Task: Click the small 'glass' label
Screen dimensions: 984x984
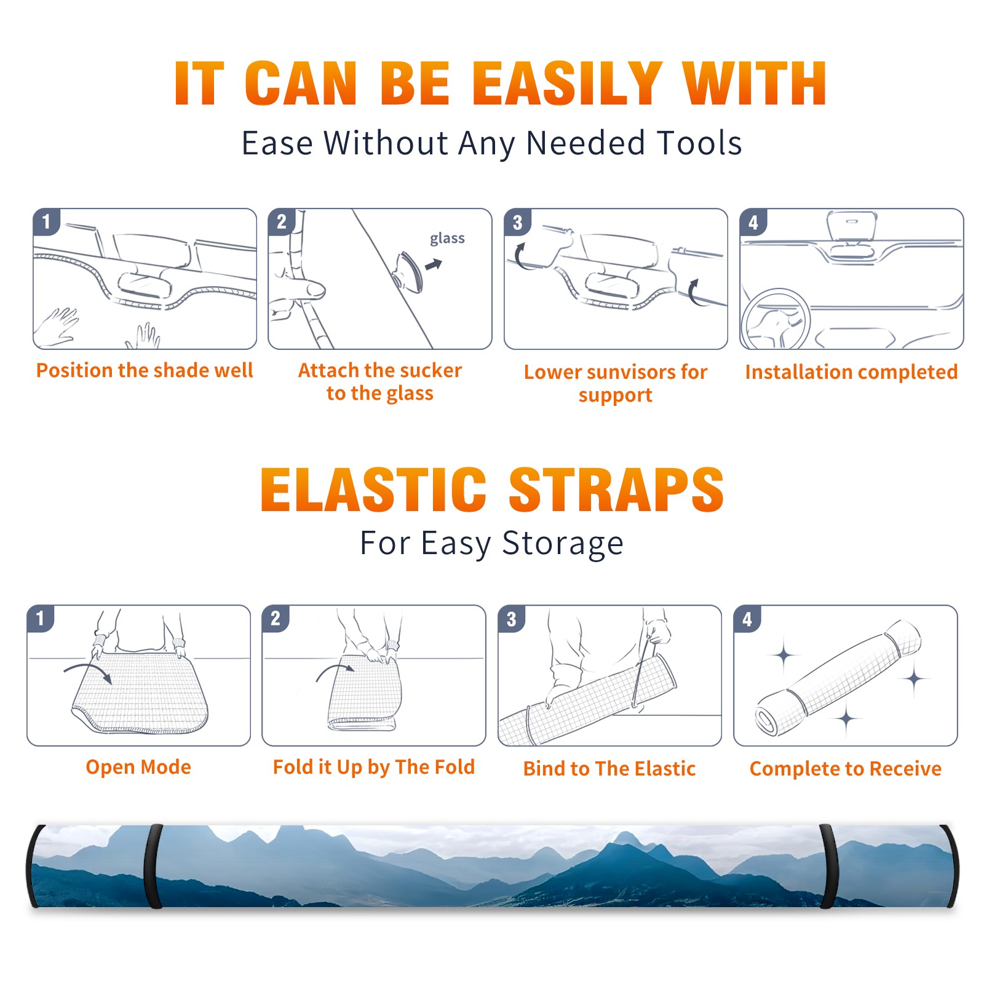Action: click(447, 239)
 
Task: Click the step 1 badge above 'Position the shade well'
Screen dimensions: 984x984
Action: click(47, 221)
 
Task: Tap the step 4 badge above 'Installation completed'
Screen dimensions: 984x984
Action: click(753, 221)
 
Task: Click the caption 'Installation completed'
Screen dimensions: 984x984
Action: click(851, 371)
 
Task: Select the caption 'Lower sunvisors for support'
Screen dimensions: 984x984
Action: click(616, 383)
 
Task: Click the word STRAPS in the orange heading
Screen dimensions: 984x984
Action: click(616, 490)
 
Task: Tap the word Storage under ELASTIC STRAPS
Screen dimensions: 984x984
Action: click(563, 544)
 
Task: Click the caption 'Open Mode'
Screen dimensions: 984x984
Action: click(138, 767)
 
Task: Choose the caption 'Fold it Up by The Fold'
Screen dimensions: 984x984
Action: click(374, 768)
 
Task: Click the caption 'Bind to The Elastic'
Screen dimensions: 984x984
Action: click(609, 769)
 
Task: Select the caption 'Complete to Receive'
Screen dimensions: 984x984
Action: click(846, 769)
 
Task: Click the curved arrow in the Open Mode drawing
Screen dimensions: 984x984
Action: click(87, 667)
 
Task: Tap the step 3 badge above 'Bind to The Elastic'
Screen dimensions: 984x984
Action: click(511, 619)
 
